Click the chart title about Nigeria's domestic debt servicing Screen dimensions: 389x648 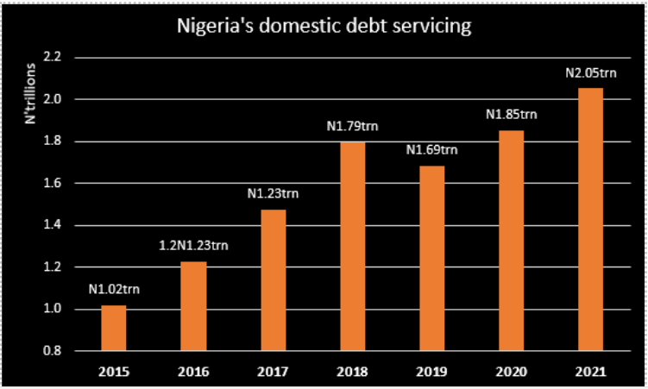pyautogui.click(x=324, y=27)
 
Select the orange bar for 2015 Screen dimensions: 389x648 pyautogui.click(x=113, y=328)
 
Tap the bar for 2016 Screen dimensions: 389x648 pyautogui.click(x=193, y=306)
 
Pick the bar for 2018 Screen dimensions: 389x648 pyautogui.click(x=352, y=246)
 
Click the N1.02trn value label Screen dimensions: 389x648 pyautogui.click(x=113, y=288)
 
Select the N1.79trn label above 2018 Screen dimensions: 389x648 pyautogui.click(x=352, y=127)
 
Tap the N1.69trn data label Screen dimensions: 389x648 pyautogui.click(x=431, y=150)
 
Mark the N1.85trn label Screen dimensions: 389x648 pyautogui.click(x=511, y=114)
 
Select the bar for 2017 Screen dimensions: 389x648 pyautogui.click(x=273, y=279)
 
